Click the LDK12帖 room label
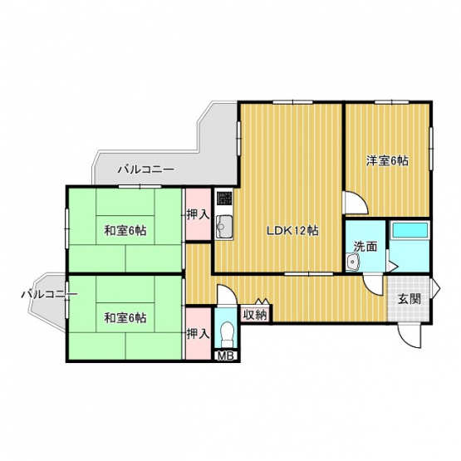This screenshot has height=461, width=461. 292,231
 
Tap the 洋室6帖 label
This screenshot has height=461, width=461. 387,161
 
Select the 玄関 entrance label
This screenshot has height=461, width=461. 410,299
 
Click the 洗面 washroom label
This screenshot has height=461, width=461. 365,247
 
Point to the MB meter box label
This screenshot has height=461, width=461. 225,356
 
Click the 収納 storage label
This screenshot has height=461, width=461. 255,315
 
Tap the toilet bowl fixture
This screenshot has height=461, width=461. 227,334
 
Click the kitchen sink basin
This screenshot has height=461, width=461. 224,227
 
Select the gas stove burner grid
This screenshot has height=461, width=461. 224,199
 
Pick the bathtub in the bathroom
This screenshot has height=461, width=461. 410,230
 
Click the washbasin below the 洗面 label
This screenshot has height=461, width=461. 352,262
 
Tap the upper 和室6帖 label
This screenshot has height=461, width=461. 125,231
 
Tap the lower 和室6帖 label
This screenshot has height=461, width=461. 125,318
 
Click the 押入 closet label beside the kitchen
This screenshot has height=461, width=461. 199,215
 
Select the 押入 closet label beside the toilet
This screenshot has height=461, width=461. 199,334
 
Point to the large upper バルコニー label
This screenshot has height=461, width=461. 146,169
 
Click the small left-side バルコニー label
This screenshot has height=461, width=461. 49,294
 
